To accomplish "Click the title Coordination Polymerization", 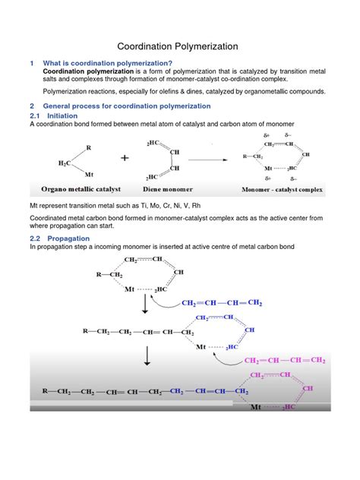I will (x=179, y=46).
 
